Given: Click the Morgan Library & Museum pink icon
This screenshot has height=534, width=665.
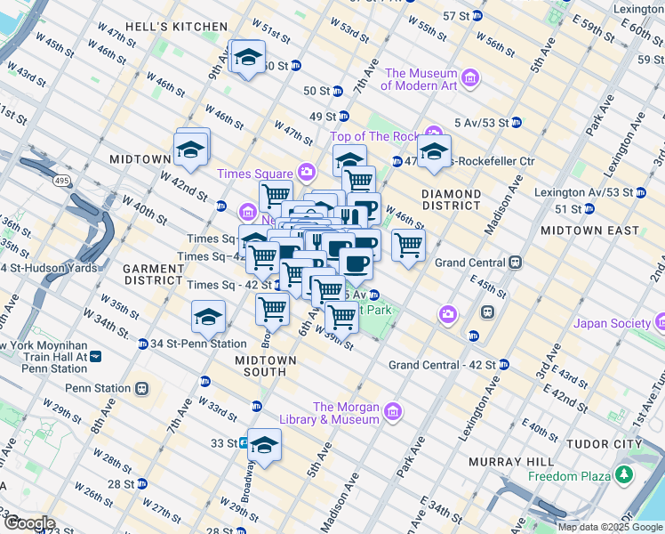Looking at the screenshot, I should (394, 411).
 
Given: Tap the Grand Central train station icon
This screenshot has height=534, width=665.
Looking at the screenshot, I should (515, 263).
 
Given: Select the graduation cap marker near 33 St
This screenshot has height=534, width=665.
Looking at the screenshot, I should (264, 445).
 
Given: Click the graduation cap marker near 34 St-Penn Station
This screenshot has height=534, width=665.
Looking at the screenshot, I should (208, 317).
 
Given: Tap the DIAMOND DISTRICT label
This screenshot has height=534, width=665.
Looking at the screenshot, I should (451, 200).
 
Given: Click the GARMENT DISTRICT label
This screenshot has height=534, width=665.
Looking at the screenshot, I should (153, 274).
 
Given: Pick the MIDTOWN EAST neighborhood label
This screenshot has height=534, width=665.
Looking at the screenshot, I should (590, 231).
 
